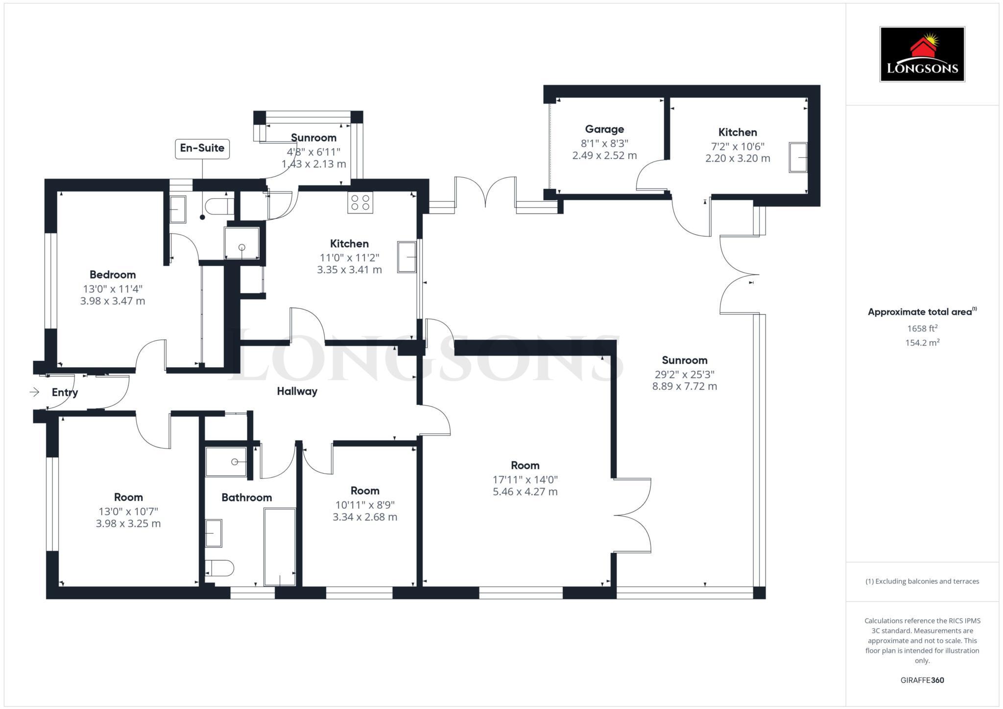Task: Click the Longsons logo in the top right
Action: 922,54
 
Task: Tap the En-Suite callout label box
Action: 202,148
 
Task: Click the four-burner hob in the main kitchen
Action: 360,202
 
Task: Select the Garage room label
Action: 604,129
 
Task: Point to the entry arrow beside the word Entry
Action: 34,392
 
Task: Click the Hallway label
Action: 297,391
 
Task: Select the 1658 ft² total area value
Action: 922,329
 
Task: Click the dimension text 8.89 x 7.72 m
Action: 684,386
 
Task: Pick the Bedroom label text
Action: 113,275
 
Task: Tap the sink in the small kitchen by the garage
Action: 798,157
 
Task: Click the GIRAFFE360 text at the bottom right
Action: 922,680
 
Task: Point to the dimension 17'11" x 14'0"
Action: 525,480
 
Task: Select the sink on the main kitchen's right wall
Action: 406,257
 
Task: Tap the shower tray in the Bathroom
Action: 226,462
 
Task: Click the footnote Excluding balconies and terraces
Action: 922,581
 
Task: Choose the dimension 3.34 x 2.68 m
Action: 365,517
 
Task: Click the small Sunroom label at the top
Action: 313,138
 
